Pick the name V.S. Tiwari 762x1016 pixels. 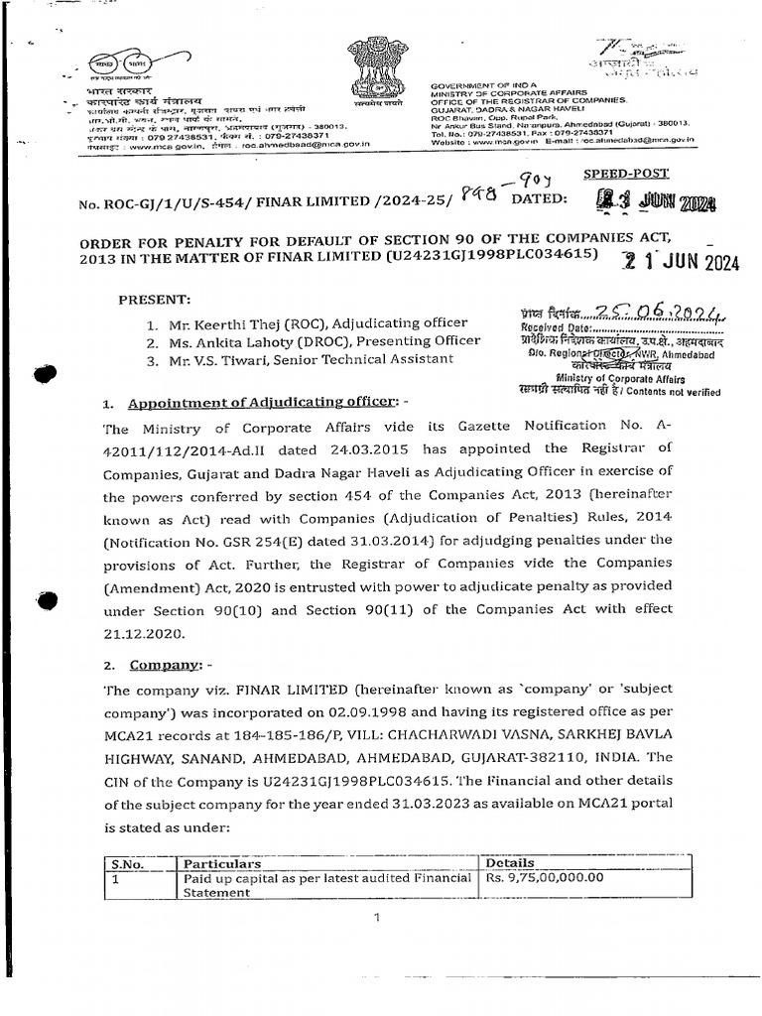point(223,358)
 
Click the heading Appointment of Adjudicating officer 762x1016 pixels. point(248,404)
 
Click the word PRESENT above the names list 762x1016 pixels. point(155,299)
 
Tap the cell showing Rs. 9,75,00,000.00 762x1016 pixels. point(544,878)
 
